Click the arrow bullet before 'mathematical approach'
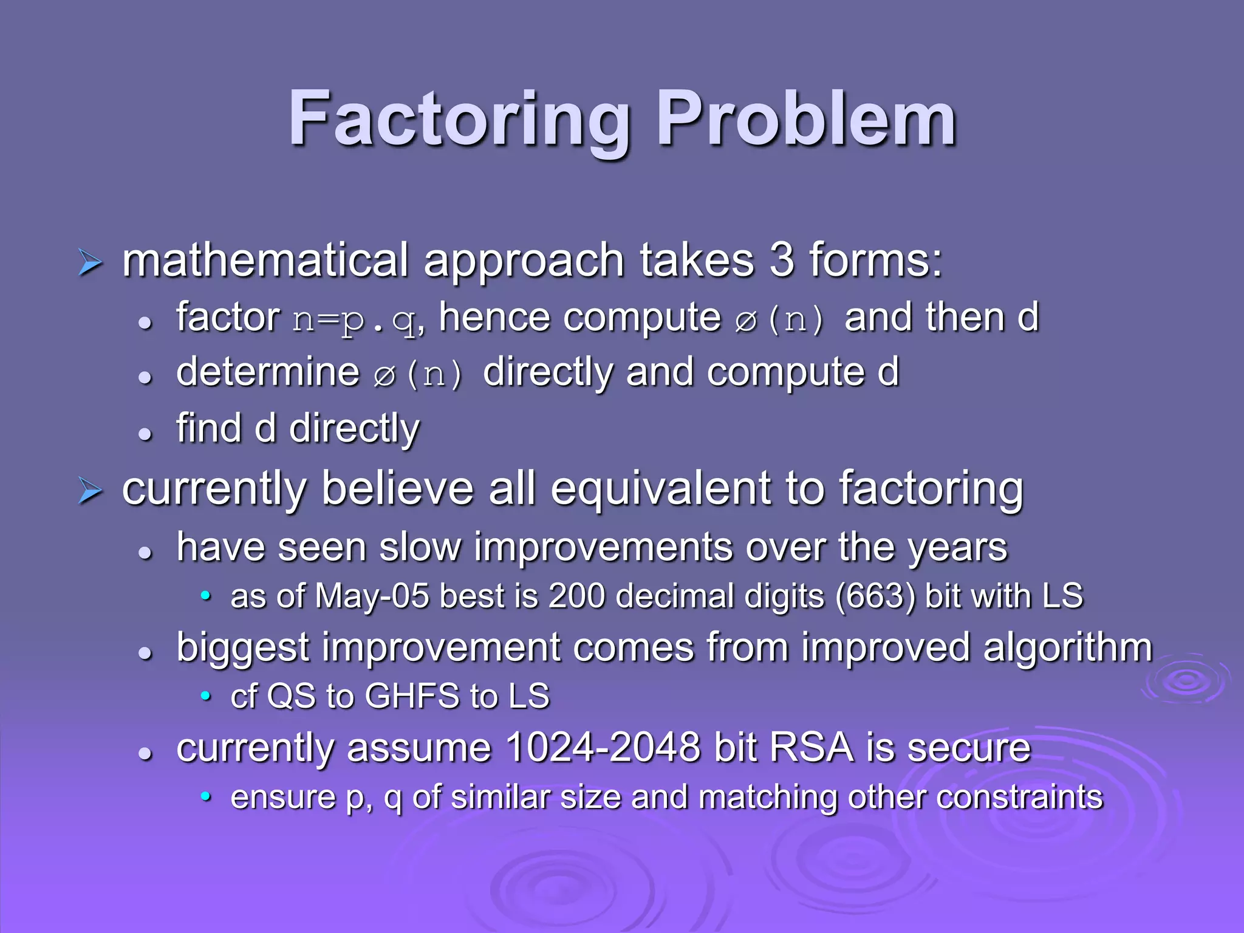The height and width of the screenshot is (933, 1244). [91, 263]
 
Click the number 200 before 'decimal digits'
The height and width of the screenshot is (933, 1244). [576, 596]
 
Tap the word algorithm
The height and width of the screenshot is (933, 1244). [1067, 648]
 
